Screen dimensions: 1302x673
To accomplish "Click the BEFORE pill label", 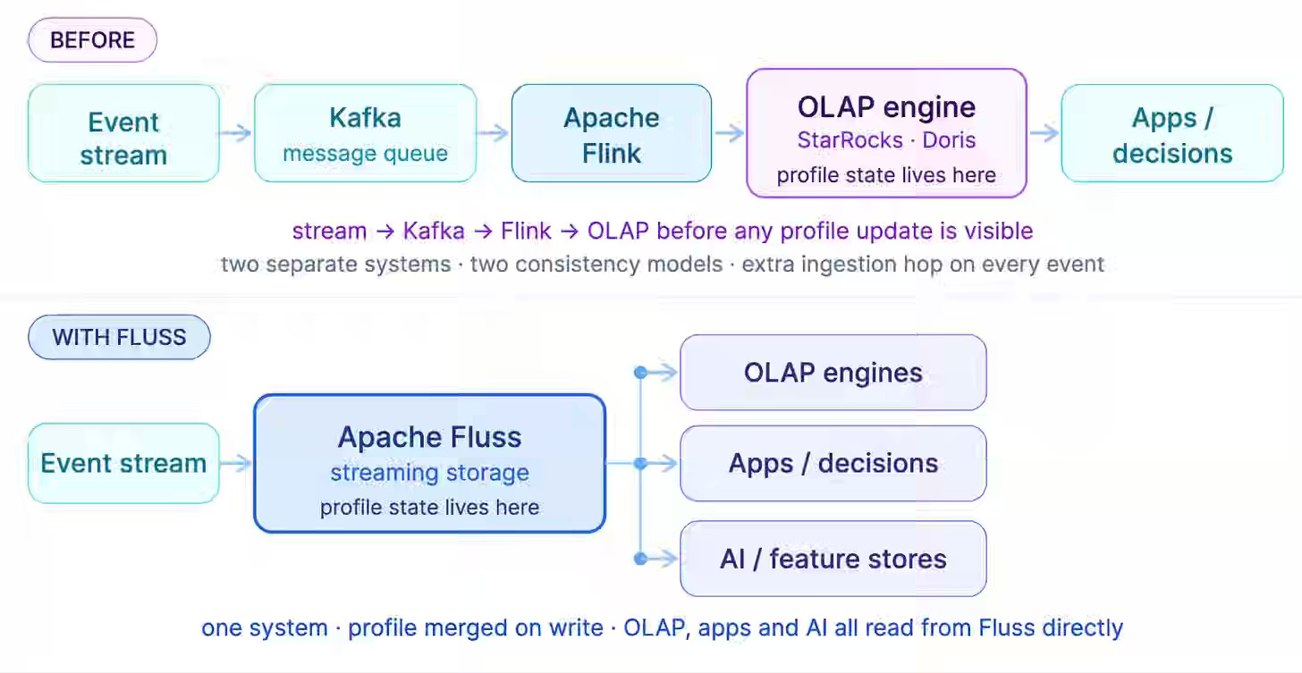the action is [x=92, y=40].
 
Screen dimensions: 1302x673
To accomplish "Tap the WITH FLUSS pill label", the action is [x=119, y=337].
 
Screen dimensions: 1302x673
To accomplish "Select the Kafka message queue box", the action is [x=366, y=133].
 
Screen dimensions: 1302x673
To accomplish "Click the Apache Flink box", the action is [x=612, y=133].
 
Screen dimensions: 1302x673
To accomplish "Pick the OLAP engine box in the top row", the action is [x=886, y=133].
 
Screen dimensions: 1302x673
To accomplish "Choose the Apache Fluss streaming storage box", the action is [x=429, y=463].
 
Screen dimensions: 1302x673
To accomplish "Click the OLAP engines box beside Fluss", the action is [x=833, y=373].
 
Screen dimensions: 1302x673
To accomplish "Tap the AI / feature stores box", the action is [x=833, y=559].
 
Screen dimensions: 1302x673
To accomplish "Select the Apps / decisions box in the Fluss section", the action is [x=833, y=463].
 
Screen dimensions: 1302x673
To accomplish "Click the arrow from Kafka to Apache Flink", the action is [x=493, y=133].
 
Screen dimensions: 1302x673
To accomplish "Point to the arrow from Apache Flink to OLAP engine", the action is [x=729, y=133].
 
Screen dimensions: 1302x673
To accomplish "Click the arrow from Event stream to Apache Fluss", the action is [x=235, y=463].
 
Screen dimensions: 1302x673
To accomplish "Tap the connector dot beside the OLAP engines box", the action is [x=640, y=373].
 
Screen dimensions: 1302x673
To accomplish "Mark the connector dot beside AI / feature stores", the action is [x=640, y=559].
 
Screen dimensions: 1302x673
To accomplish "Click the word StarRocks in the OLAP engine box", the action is [x=850, y=140].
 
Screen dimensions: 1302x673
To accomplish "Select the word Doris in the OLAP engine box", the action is [x=949, y=140].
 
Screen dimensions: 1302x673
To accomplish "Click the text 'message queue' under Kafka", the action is [x=366, y=154].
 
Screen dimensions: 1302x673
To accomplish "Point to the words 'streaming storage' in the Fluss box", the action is [x=429, y=473].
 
